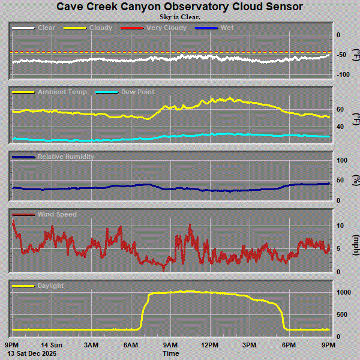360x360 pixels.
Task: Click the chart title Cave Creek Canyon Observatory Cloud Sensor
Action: coord(179,7)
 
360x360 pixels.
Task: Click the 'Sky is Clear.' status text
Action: coord(179,16)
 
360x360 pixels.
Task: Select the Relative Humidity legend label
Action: coord(65,157)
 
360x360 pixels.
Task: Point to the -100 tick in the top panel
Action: coord(343,74)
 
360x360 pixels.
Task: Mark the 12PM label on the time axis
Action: coord(210,345)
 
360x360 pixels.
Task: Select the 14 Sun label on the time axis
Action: coord(52,345)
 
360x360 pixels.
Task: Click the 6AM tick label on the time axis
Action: coord(131,345)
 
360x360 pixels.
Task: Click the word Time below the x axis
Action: coord(170,354)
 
